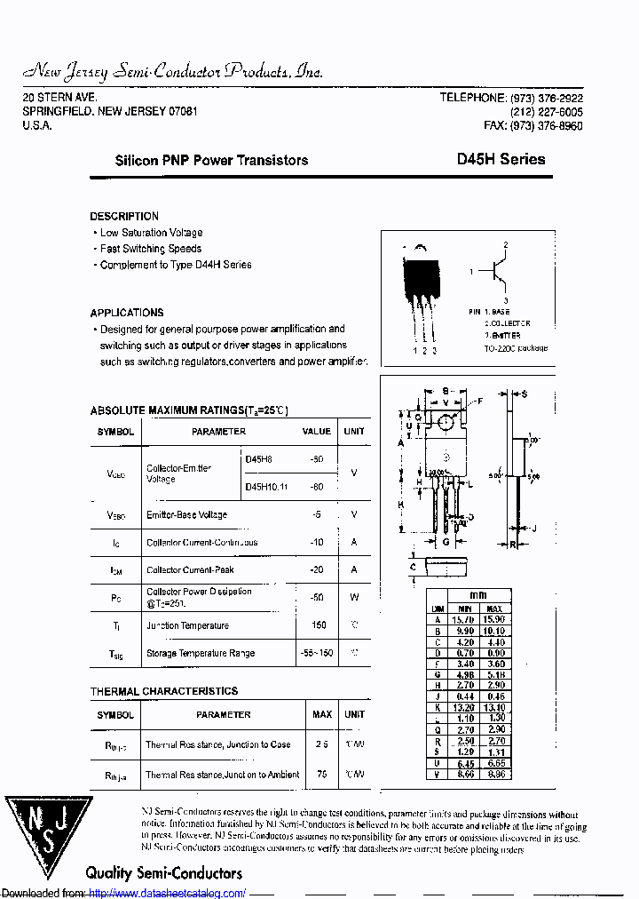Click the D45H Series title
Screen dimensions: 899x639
pyautogui.click(x=501, y=160)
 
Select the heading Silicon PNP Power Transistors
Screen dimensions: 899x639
pyautogui.click(x=212, y=161)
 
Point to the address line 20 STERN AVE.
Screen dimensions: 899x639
pyautogui.click(x=59, y=97)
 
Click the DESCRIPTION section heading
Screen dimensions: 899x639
pyautogui.click(x=124, y=216)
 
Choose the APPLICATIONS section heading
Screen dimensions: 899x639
pyautogui.click(x=127, y=313)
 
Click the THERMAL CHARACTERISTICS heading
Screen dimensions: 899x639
pyautogui.click(x=164, y=691)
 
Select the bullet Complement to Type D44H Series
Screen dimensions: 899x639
pyautogui.click(x=175, y=265)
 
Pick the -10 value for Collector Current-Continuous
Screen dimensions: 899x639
pyautogui.click(x=316, y=542)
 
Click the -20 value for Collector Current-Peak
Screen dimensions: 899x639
pyautogui.click(x=316, y=569)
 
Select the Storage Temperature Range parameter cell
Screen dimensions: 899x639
pyautogui.click(x=200, y=653)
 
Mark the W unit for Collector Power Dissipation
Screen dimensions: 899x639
pyautogui.click(x=354, y=597)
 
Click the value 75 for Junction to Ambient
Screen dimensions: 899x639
pyautogui.click(x=321, y=774)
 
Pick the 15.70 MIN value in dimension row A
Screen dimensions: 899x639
pyautogui.click(x=464, y=618)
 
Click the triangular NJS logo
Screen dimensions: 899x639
pyautogui.click(x=50, y=831)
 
